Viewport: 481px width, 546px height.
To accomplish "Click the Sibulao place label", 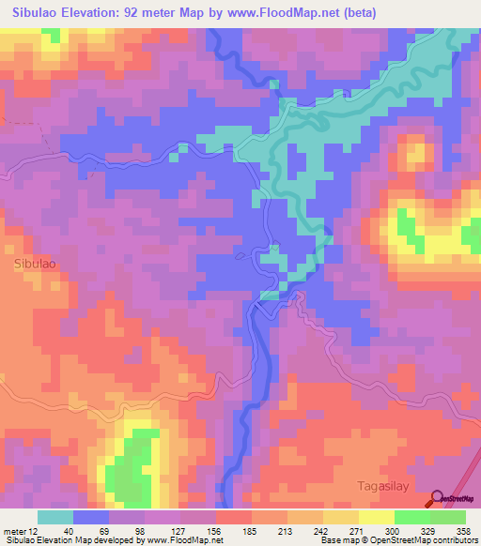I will [34, 265].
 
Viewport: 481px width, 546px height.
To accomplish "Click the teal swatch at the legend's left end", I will [55, 517].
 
